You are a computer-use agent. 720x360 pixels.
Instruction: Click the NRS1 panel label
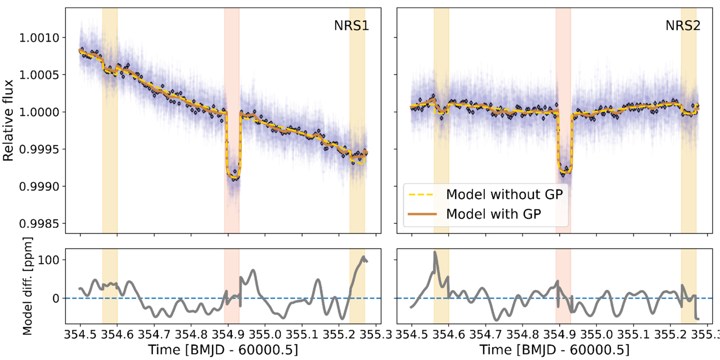[x=351, y=26]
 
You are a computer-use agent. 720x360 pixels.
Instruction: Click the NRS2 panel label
[x=682, y=26]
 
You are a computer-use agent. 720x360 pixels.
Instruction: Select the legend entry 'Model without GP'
[x=504, y=195]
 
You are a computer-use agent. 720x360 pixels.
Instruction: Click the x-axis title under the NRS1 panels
[x=223, y=349]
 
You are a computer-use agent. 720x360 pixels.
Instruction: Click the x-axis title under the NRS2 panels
[x=555, y=349]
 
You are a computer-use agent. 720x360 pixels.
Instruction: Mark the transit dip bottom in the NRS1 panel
[x=232, y=177]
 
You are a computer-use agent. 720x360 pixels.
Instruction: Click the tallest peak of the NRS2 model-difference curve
[x=435, y=253]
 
